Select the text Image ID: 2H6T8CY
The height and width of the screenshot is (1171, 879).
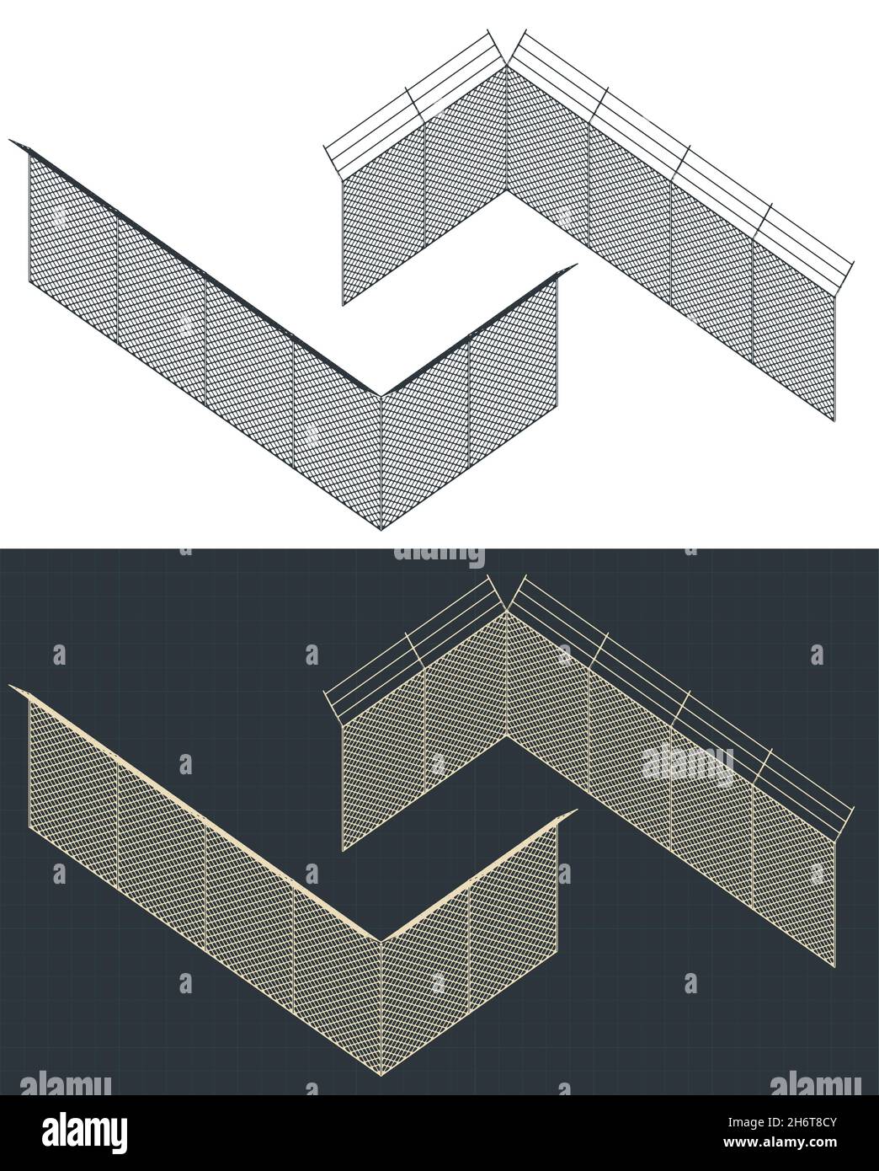coord(780,1121)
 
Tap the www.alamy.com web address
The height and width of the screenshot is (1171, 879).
coord(780,1142)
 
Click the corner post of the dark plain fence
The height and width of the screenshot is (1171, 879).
coord(381,463)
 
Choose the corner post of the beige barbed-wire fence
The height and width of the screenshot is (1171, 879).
coord(506,675)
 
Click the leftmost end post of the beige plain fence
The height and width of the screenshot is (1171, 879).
coord(29,766)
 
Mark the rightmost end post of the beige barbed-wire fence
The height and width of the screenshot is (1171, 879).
coord(834,906)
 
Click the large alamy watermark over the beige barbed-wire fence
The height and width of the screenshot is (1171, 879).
coord(688,767)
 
